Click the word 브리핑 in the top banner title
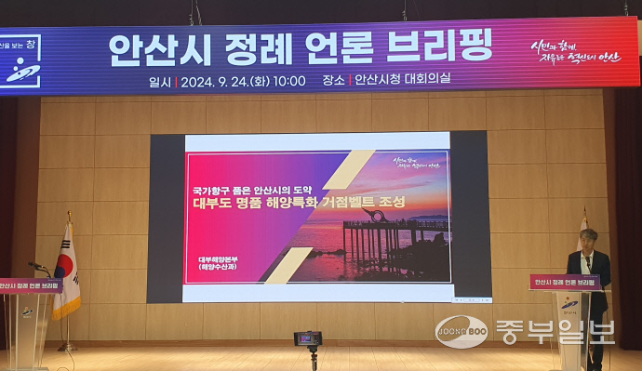[x=443, y=46]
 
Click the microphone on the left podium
[x=37, y=267]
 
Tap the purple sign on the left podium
[x=31, y=285]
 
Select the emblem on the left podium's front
[x=27, y=312]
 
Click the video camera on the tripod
[x=308, y=338]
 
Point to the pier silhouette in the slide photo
[x=372, y=237]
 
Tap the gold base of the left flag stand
[x=67, y=348]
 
